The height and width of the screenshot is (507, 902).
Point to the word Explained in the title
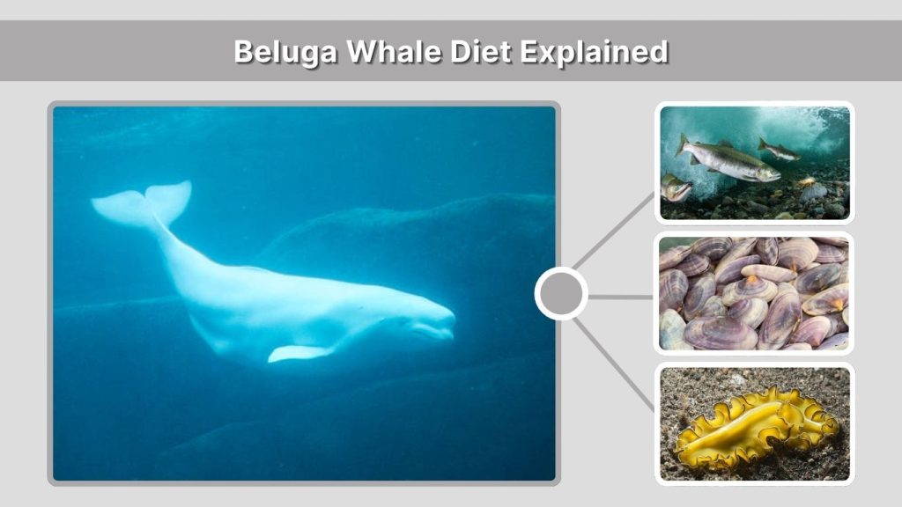[593, 51]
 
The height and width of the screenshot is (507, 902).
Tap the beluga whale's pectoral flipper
[298, 352]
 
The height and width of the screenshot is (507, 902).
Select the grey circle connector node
[561, 294]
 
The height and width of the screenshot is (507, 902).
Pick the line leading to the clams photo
[621, 297]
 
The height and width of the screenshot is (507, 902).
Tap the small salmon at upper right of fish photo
[780, 150]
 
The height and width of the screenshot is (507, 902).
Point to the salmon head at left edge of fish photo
[674, 187]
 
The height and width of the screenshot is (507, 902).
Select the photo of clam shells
[755, 294]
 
